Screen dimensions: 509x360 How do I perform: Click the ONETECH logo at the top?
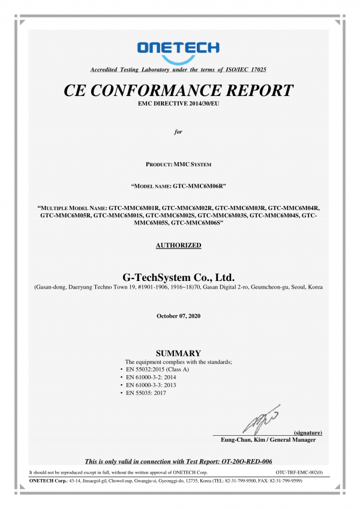pyautogui.click(x=178, y=48)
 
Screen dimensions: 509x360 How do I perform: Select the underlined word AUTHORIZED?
pyautogui.click(x=178, y=245)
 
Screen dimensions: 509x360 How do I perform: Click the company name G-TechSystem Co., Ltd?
pyautogui.click(x=178, y=277)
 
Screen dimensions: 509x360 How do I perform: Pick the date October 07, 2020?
pyautogui.click(x=178, y=316)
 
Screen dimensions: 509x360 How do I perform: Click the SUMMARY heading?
pyautogui.click(x=178, y=353)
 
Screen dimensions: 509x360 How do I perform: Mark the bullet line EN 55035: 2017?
pyautogui.click(x=146, y=393)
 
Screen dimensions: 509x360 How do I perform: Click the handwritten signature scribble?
pyautogui.click(x=260, y=418)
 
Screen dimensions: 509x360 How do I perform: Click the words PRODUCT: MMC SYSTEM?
pyautogui.click(x=178, y=164)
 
